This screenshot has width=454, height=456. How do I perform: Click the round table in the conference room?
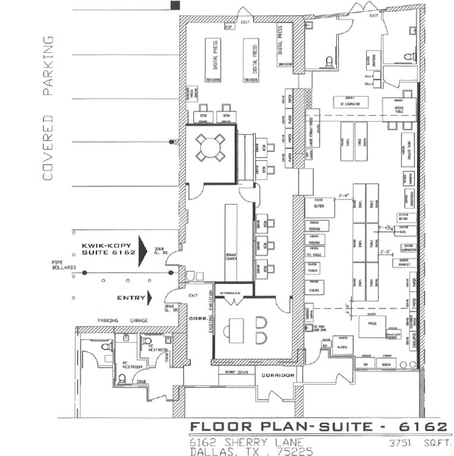(211, 148)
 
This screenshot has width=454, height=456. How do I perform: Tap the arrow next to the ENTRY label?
(149, 297)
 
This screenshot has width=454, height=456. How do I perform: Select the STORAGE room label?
(230, 293)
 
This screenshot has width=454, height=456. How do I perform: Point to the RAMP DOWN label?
(235, 372)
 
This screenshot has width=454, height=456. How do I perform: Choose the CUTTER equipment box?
(320, 207)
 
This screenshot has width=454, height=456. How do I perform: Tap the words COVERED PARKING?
(48, 108)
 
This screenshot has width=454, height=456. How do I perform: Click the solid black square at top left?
(175, 5)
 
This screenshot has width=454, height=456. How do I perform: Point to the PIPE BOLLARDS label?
(64, 265)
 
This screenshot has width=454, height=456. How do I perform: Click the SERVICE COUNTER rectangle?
(231, 243)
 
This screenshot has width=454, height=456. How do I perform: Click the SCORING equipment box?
(314, 226)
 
